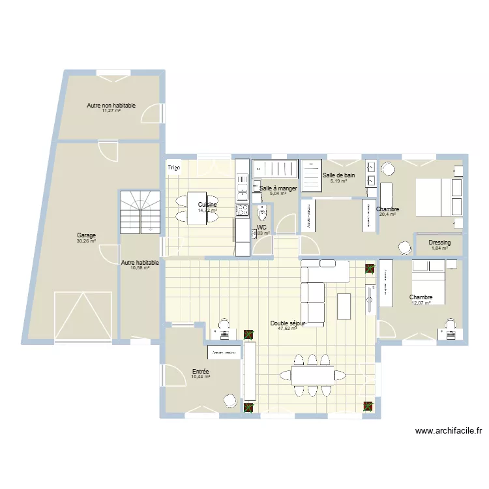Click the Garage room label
click(86, 235)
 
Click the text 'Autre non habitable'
click(111, 105)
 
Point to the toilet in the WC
click(262, 213)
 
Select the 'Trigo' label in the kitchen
click(174, 168)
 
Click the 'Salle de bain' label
click(339, 175)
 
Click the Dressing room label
click(439, 243)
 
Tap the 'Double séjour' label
click(288, 323)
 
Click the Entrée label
click(200, 371)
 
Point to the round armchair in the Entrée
click(229, 400)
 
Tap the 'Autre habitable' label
click(140, 263)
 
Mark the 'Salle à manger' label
click(278, 188)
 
